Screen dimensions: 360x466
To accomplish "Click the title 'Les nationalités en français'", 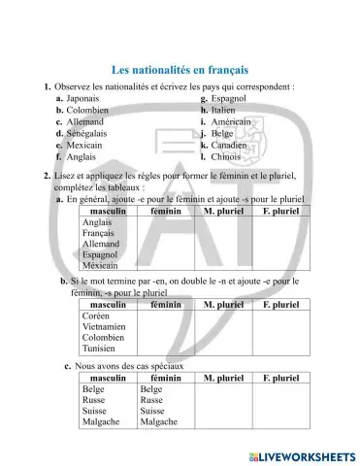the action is click(180, 70).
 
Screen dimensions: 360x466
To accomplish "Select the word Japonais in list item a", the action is click(84, 99).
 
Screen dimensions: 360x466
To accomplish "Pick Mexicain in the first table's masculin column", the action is click(101, 265).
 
